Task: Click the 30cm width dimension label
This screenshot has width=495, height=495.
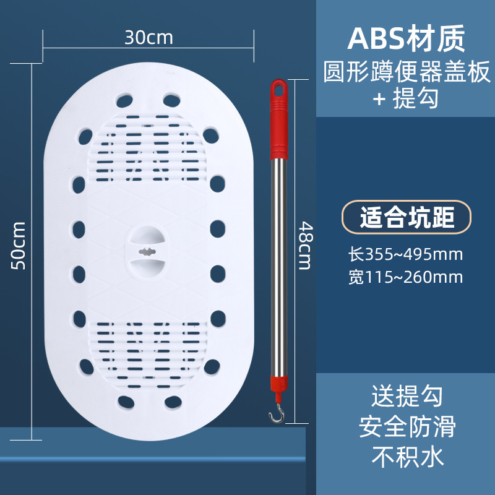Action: point(148,37)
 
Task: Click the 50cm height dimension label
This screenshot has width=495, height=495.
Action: point(19,245)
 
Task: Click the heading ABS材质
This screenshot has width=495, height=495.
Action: point(405,38)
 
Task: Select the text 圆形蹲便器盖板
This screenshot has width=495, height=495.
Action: point(405,72)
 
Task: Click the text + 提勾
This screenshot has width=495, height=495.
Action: point(405,99)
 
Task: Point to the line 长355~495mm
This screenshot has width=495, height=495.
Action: point(405,254)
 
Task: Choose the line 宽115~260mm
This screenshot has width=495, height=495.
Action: point(405,277)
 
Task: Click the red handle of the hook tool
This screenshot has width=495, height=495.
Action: point(277,124)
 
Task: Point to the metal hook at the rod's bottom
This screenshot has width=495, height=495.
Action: point(271,416)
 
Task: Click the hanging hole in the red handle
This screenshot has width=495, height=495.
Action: point(279,89)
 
